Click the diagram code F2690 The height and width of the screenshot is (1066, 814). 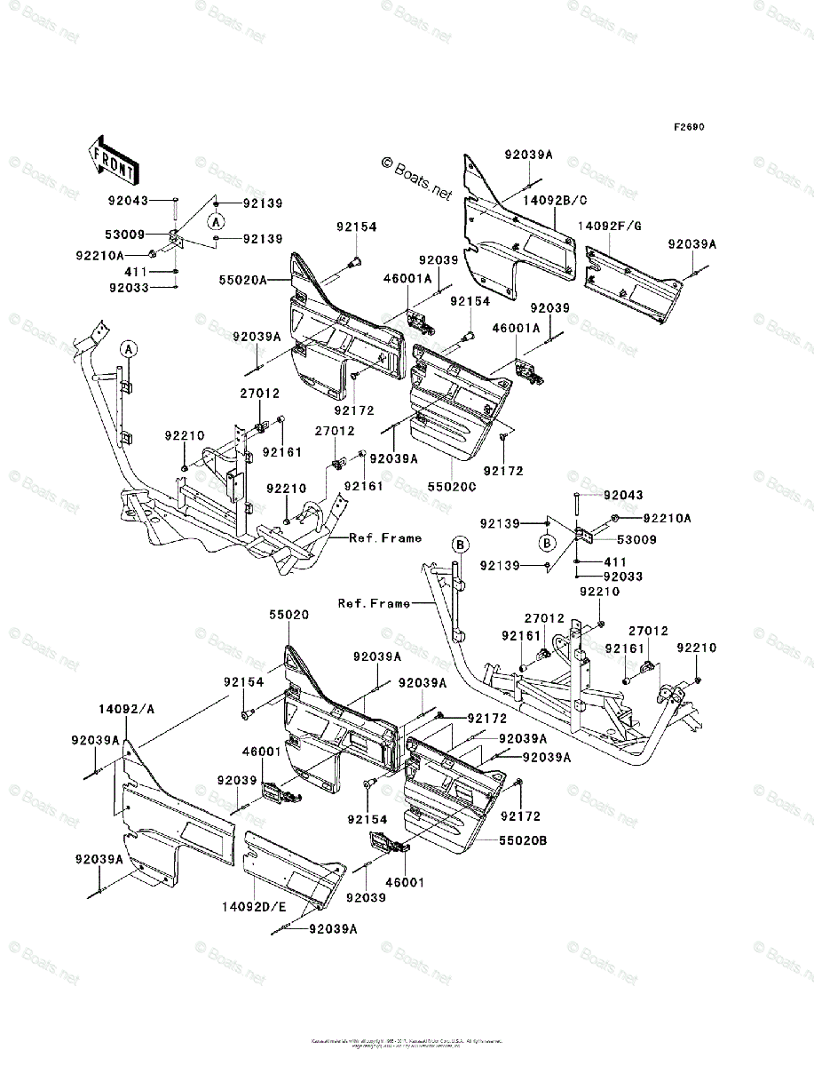tap(688, 127)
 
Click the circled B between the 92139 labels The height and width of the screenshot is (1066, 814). tap(548, 543)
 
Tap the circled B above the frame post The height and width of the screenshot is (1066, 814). tap(460, 543)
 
